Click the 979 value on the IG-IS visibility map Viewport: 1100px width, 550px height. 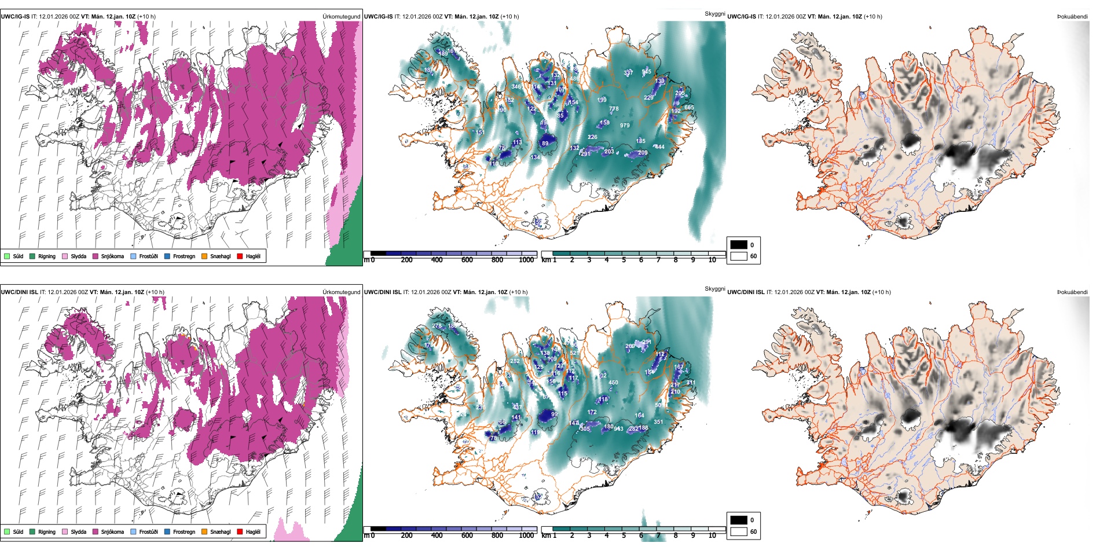[x=625, y=126]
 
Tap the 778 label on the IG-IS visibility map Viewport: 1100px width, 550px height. [x=614, y=109]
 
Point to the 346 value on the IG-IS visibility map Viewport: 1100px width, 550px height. [x=516, y=87]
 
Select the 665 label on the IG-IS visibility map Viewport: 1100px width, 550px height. [x=689, y=108]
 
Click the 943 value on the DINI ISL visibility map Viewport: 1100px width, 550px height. [x=619, y=429]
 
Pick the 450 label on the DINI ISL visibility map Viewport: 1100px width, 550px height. [x=613, y=383]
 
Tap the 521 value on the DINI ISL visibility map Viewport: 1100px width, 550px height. [x=574, y=353]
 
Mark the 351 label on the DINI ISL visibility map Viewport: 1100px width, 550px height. [x=658, y=422]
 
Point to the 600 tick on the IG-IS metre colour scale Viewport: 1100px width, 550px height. [x=467, y=260]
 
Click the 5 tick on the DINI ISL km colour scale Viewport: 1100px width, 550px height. [x=624, y=536]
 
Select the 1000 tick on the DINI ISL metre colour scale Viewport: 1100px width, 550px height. [x=526, y=536]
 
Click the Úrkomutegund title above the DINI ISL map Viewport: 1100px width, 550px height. [x=341, y=292]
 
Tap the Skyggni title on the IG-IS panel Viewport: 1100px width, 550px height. [x=714, y=14]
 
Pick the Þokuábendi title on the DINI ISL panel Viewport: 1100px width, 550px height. [x=1072, y=292]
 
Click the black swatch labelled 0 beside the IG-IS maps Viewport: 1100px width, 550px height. [x=739, y=245]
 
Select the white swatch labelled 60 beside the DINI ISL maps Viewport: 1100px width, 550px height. [x=739, y=531]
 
